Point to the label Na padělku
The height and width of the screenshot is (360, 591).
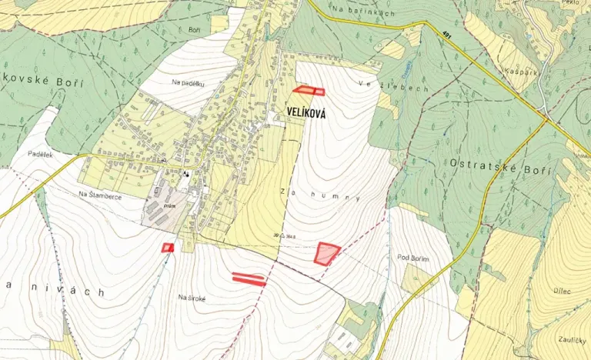pos(188,82)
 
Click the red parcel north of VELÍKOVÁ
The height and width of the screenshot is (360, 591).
pos(308,91)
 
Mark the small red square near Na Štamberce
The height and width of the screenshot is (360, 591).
pos(168,247)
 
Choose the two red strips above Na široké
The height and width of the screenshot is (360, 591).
pos(249,278)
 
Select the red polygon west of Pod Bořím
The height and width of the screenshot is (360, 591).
pos(327,253)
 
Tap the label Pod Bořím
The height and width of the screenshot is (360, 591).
pos(412,258)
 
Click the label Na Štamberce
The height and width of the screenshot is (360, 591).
pos(99,195)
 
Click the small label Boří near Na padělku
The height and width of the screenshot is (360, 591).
pos(194,30)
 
